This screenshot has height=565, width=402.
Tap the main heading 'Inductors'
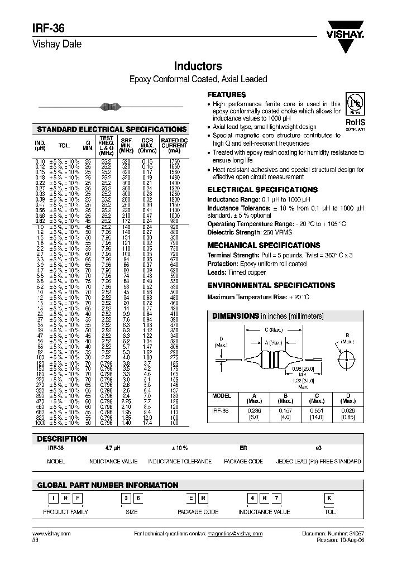pos(198,66)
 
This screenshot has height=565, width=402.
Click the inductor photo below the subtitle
pos(109,107)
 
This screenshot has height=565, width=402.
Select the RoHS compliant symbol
pos(354,113)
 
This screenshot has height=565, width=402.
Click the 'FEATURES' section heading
pos(226,95)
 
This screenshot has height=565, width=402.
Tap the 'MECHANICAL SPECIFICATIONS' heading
pos(264,245)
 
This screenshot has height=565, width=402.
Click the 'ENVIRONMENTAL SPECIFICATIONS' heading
pos(271,285)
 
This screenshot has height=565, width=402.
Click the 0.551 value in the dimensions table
pos(317,411)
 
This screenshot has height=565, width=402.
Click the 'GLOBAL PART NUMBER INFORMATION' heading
pos(99,485)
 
